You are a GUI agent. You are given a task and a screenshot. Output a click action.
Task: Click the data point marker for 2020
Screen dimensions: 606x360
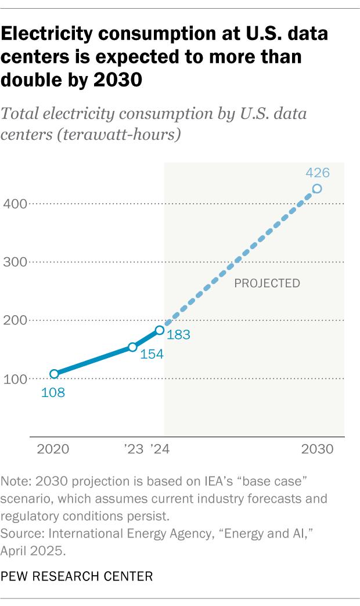(54, 374)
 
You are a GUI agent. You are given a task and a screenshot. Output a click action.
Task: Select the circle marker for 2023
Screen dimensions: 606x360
(132, 347)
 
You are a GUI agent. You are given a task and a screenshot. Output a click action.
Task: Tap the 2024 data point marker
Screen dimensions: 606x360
(159, 330)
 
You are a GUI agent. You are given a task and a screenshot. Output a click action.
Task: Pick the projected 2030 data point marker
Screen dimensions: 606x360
(317, 189)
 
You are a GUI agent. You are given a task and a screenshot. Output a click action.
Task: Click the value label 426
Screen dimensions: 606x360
(318, 172)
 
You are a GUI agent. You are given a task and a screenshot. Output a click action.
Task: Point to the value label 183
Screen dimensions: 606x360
(179, 334)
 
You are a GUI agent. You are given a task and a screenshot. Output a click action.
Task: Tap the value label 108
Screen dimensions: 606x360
(53, 392)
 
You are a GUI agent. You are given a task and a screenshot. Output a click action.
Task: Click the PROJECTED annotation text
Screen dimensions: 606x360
(267, 283)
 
